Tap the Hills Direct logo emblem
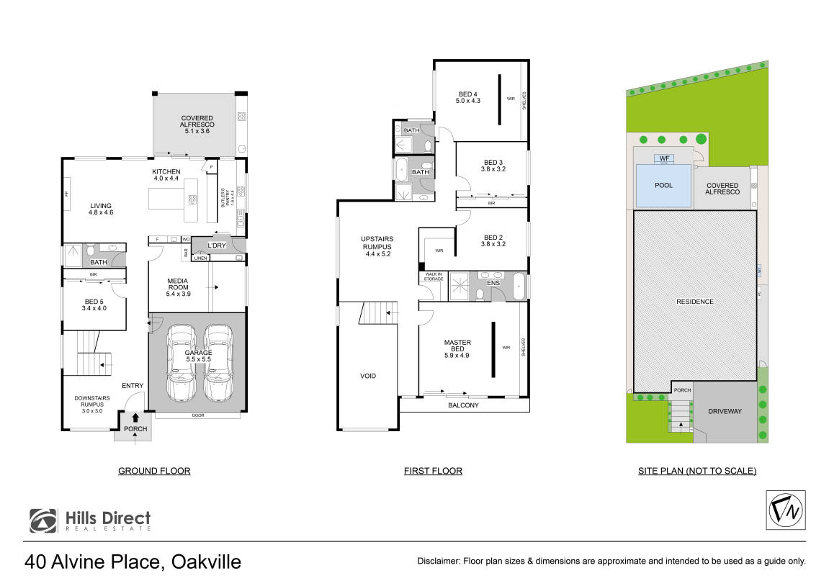[x=43, y=520]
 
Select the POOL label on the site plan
[x=663, y=186]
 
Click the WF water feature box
[x=663, y=158]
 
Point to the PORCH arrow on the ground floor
[x=135, y=418]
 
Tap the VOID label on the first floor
[x=368, y=376]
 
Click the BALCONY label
[x=464, y=405]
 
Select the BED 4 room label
[x=468, y=97]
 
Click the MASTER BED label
[x=457, y=348]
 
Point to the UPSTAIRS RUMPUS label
[x=377, y=245]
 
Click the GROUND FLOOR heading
[x=154, y=471]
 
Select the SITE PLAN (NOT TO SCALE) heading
[x=696, y=471]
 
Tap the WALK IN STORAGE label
[x=433, y=276]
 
